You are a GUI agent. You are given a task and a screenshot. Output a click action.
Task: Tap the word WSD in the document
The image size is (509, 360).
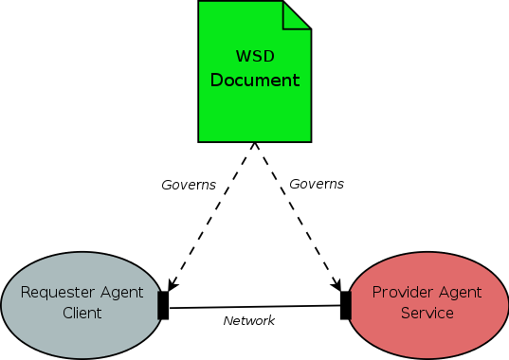pos(254,56)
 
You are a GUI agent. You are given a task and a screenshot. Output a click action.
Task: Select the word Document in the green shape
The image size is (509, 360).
pos(254,81)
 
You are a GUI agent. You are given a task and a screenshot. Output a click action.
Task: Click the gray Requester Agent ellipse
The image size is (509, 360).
pos(76,327)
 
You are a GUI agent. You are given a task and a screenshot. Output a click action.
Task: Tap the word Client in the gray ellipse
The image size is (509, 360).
pos(82,313)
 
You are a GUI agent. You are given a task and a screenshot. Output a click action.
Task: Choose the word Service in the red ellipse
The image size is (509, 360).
pos(427,313)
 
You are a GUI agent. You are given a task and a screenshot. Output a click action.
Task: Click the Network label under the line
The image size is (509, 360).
pos(248,321)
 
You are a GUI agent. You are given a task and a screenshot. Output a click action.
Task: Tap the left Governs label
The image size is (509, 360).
pos(189,184)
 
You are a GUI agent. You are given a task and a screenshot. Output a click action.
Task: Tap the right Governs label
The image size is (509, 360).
pos(316,184)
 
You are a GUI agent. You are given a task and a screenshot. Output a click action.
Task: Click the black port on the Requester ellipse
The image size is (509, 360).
pos(163,305)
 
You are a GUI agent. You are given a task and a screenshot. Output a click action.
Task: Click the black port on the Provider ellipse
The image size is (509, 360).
pos(346,305)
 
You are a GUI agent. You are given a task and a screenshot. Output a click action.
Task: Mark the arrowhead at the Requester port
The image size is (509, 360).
pos(172,284)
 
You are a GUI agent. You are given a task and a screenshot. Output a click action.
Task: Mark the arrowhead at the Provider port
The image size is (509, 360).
pos(336,284)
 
